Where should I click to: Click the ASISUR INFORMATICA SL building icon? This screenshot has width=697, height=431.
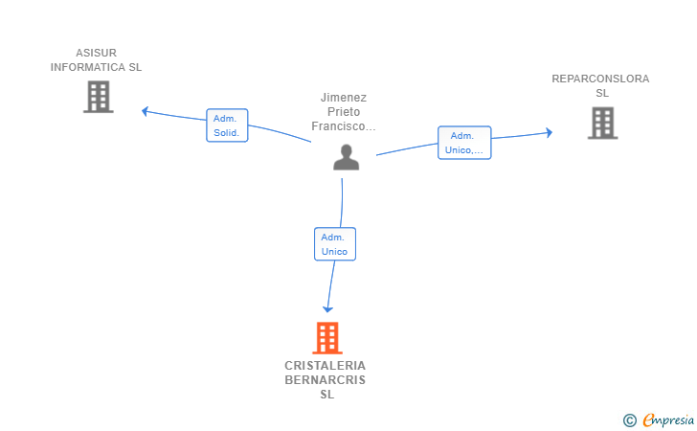coord(99,97)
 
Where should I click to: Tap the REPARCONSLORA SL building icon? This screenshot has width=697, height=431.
coord(603,123)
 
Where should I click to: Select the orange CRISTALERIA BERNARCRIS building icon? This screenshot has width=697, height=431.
coord(327,338)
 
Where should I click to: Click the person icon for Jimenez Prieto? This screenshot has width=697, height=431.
coord(347,157)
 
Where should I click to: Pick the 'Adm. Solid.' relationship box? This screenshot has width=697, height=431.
coord(227,125)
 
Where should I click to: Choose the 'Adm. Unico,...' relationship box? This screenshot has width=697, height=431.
coord(464,143)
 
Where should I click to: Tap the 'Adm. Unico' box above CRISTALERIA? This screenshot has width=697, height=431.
coord(335,244)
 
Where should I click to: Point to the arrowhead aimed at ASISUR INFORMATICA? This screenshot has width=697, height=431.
coord(145,111)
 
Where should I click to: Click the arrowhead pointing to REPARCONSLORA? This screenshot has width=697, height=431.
coord(550,132)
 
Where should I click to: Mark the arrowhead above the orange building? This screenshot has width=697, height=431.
coord(327,309)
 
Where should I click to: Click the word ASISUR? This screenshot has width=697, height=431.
coord(96,53)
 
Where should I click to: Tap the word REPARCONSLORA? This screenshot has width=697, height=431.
coord(600,79)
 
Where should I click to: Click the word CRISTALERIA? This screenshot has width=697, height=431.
coord(325,366)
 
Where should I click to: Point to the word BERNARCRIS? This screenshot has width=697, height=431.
coord(325,380)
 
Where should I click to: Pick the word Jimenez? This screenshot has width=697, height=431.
coord(344,98)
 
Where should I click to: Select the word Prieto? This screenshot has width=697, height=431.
coord(344,112)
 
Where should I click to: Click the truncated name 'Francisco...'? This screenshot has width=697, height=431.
coord(344,126)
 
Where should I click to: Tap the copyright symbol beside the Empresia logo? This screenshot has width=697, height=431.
coord(629,420)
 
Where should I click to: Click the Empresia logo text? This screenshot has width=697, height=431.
coord(668,420)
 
